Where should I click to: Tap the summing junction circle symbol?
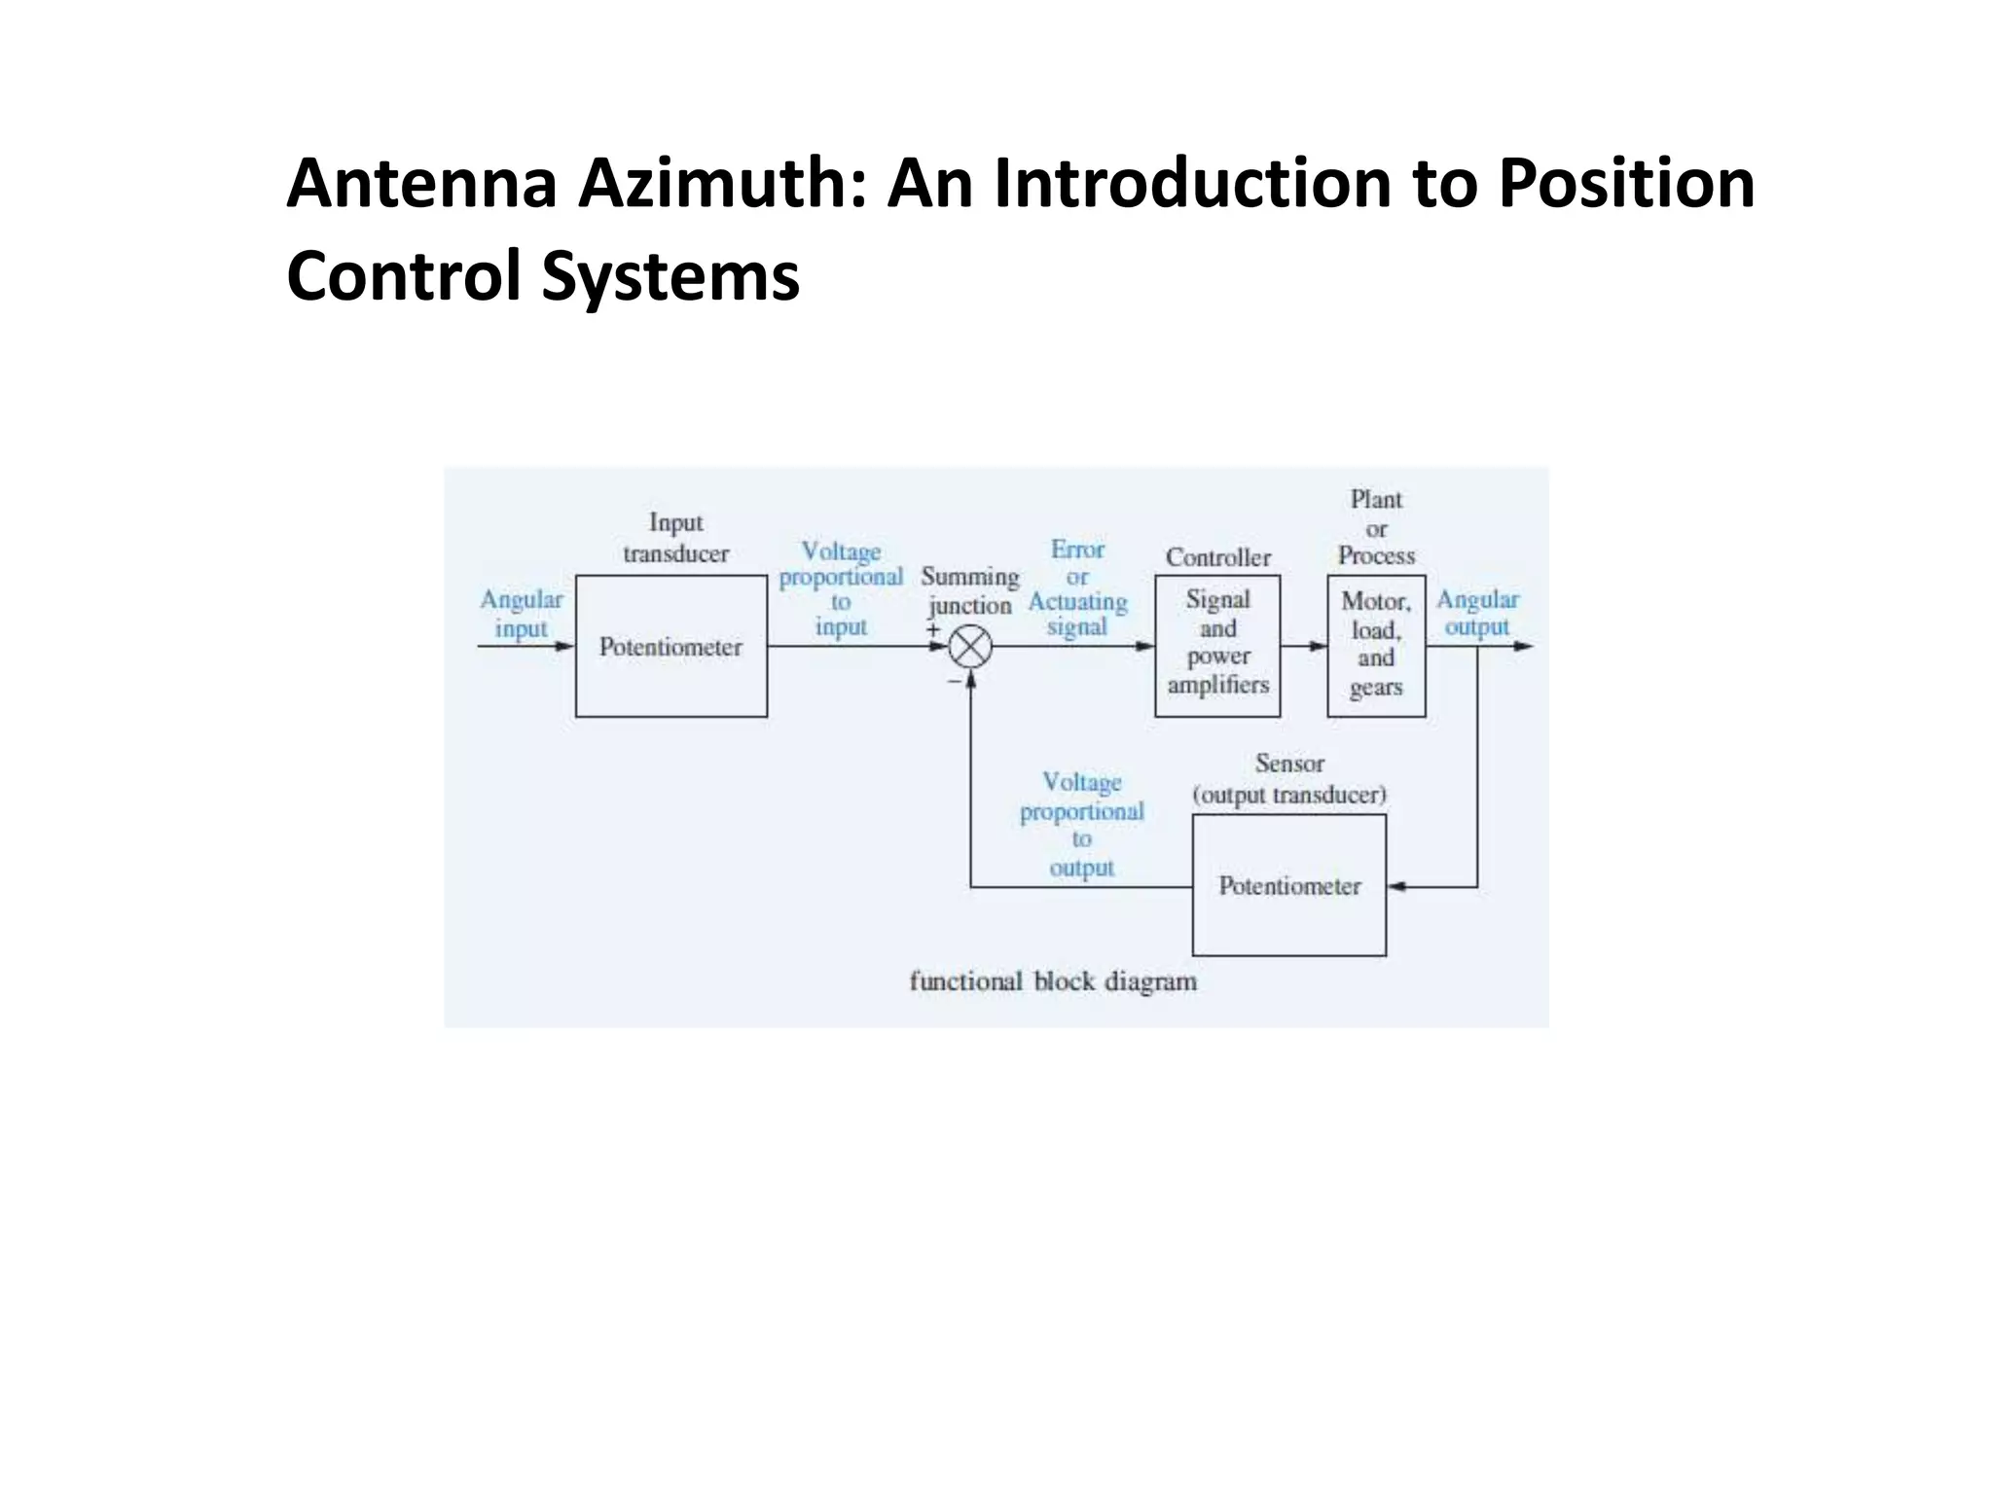(970, 647)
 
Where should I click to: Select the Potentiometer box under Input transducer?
(670, 647)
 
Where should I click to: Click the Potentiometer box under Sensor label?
(1289, 885)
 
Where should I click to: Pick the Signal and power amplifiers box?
(1217, 645)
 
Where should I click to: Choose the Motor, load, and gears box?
(1376, 645)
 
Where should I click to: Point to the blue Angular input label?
(522, 614)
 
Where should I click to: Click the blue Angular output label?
(1477, 613)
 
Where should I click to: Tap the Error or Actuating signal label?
(1077, 588)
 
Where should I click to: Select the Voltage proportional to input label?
(841, 589)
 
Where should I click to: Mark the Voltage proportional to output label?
(1081, 825)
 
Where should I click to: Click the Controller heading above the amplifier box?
(1218, 557)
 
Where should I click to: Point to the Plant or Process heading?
(1376, 527)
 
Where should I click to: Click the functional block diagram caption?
(1053, 981)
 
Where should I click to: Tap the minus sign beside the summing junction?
(954, 682)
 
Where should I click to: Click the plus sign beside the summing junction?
(933, 630)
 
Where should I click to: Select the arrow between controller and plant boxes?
(1305, 646)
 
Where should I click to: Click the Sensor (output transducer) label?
(1289, 779)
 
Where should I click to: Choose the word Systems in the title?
(670, 276)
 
